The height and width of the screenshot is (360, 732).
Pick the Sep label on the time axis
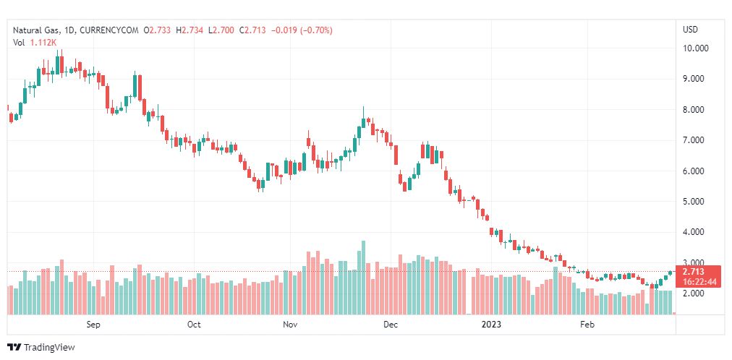click(x=93, y=325)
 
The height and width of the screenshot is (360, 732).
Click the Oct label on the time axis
click(x=194, y=325)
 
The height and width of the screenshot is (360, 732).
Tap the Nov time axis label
click(x=290, y=325)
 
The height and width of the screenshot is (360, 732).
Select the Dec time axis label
click(x=391, y=325)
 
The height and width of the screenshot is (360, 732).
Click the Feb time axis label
click(x=587, y=325)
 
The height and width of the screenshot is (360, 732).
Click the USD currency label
click(x=690, y=30)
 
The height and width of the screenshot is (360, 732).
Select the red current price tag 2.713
click(x=694, y=272)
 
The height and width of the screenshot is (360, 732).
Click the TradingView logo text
click(x=48, y=348)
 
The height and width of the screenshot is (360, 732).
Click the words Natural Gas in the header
click(x=36, y=30)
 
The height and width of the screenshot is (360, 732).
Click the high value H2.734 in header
click(x=192, y=30)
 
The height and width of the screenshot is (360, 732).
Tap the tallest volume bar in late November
click(x=363, y=278)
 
